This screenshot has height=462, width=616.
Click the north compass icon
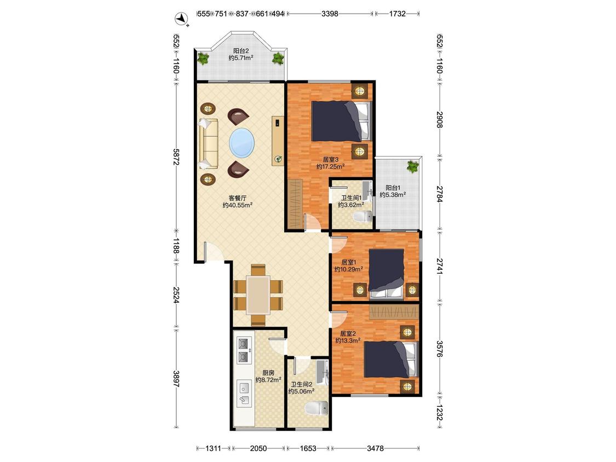(x=181, y=19)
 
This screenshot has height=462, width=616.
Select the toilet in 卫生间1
(x=364, y=216)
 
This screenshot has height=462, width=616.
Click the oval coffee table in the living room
(x=241, y=143)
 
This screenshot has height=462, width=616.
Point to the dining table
(x=258, y=294)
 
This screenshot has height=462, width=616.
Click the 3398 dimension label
(x=330, y=14)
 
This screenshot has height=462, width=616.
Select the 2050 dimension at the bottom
(x=258, y=448)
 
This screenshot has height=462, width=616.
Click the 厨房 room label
(x=268, y=373)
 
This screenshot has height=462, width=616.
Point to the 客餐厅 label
(x=238, y=198)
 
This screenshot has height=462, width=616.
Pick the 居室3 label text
(x=330, y=159)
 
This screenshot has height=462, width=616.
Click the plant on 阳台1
(x=412, y=166)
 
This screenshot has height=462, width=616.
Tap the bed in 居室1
(x=387, y=272)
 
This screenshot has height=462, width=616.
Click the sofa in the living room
(x=209, y=143)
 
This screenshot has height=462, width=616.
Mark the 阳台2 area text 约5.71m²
(x=241, y=58)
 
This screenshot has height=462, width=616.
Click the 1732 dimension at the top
(x=397, y=14)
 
